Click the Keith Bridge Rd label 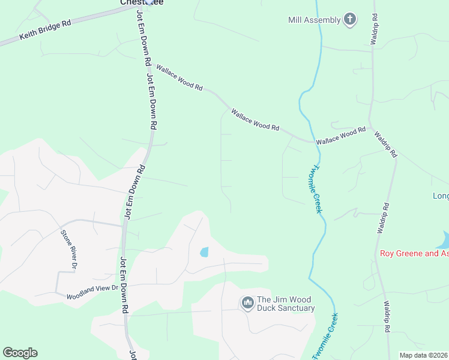pos(45,31)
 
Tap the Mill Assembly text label pos(314,20)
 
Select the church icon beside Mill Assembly pos(350,20)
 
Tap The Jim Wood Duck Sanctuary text pos(285,304)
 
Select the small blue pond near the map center pos(204,252)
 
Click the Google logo pos(20,353)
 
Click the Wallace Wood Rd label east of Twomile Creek pos(341,135)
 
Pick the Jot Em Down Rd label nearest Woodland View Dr pos(124,285)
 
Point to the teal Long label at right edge pos(441,196)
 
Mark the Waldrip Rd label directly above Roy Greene pos(382,217)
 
